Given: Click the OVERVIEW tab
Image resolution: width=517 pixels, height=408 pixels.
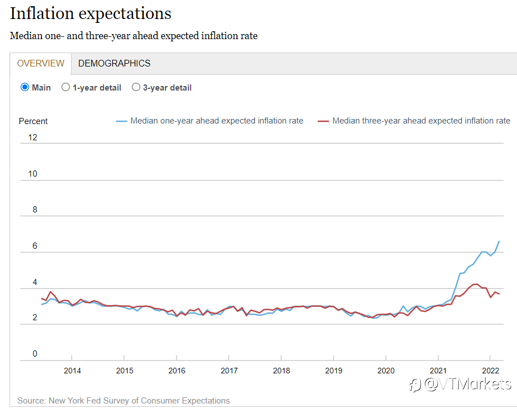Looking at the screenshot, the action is (x=41, y=63).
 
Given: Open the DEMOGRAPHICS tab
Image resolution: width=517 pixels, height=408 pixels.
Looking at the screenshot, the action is (x=114, y=63).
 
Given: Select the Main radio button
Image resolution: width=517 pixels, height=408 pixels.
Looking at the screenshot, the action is (x=25, y=87).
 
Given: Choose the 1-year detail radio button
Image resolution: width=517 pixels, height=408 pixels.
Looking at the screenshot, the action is (x=65, y=87).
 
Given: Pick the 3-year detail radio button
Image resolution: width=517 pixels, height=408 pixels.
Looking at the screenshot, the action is (x=136, y=87).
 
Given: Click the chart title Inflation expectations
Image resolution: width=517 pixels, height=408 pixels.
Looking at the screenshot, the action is (x=91, y=14).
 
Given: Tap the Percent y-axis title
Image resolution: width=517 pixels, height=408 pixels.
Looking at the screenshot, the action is (x=33, y=121).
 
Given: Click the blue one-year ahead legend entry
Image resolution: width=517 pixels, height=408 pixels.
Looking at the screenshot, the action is (x=210, y=121).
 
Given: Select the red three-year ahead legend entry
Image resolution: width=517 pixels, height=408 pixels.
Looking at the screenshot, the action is (x=414, y=121).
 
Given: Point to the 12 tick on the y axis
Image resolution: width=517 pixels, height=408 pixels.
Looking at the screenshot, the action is (x=32, y=137).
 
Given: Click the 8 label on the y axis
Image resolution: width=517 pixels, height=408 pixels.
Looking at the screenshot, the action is (x=35, y=210).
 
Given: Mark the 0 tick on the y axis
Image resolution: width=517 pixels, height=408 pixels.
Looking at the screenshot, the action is (x=35, y=354).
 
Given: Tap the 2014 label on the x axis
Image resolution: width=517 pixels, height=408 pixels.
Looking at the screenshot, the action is (x=72, y=371).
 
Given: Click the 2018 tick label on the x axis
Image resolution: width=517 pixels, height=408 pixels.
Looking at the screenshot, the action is (x=281, y=371).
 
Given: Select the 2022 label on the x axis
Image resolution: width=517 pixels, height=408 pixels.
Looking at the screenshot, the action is (x=490, y=371).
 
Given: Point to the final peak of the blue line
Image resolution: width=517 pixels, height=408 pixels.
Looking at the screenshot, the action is (x=499, y=241).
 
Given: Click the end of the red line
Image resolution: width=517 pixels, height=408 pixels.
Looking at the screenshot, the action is (x=500, y=294).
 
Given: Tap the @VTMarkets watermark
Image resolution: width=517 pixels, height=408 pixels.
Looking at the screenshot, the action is (x=461, y=385).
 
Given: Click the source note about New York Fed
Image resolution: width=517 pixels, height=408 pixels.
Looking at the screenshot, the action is (x=124, y=400).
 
